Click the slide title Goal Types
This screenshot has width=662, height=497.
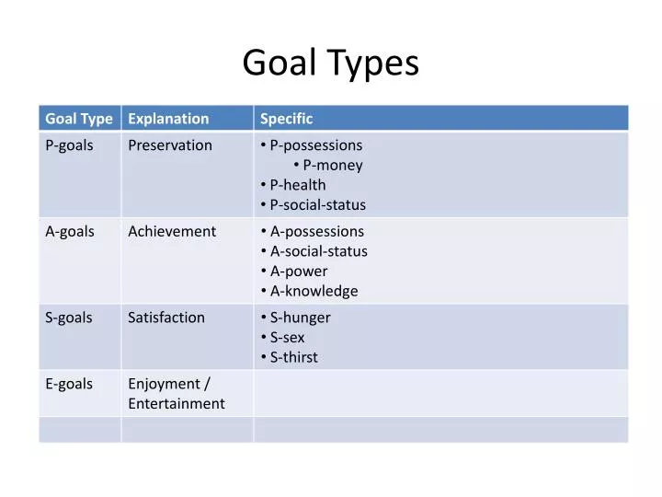click(330, 63)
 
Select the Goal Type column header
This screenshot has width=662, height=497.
click(79, 119)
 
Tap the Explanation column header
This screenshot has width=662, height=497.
click(168, 119)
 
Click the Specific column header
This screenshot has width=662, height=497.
click(286, 119)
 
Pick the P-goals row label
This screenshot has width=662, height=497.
click(69, 145)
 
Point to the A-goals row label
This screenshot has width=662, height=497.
click(70, 231)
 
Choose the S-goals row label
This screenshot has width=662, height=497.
click(69, 318)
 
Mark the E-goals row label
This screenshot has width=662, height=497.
click(69, 384)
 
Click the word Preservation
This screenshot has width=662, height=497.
click(170, 145)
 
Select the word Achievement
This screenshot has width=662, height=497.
click(172, 231)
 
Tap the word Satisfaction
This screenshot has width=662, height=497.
click(166, 318)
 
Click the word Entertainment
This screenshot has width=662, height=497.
click(177, 403)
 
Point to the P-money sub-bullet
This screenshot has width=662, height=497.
click(333, 166)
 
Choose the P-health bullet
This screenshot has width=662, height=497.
click(297, 185)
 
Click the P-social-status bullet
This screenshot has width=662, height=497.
click(317, 205)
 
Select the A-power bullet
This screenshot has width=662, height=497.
click(298, 272)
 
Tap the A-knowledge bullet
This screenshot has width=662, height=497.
click(314, 292)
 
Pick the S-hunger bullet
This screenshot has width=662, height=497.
click(300, 318)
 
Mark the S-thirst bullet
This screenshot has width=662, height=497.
click(293, 357)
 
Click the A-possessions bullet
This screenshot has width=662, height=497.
click(316, 231)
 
